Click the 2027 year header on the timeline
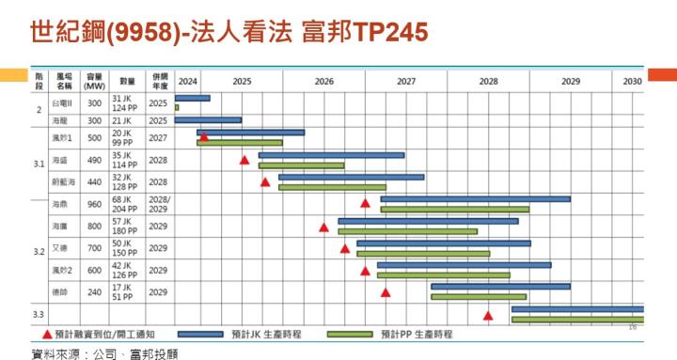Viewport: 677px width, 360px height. click(x=406, y=81)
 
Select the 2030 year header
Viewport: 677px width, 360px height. click(x=632, y=81)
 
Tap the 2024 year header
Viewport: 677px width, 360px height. click(x=187, y=81)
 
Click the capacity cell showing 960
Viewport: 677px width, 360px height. click(x=95, y=204)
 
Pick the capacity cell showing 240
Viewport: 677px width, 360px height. click(x=95, y=291)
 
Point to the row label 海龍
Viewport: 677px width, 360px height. click(x=59, y=120)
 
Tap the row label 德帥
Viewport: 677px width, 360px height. click(x=59, y=291)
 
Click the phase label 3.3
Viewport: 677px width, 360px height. click(x=39, y=313)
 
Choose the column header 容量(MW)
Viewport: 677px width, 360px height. click(x=95, y=81)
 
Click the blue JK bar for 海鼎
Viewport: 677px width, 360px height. click(x=475, y=198)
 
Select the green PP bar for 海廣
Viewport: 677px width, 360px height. click(x=407, y=230)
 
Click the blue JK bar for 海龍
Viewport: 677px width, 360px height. click(x=208, y=120)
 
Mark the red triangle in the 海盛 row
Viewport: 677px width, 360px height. click(x=244, y=161)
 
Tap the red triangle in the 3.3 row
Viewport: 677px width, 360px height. click(x=488, y=316)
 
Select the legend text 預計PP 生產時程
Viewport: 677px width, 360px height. click(x=417, y=334)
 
